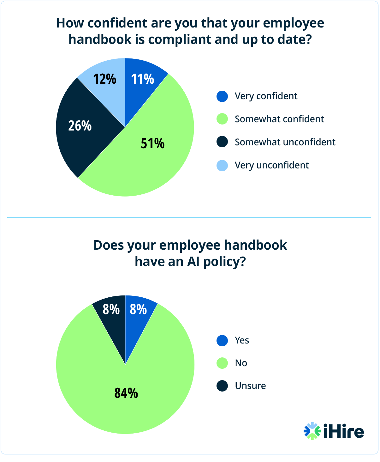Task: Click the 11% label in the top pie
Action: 143,79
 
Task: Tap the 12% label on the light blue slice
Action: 104,79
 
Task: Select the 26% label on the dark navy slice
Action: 80,126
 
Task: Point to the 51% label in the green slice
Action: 152,143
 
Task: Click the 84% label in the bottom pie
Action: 126,393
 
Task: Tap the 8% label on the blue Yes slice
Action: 138,309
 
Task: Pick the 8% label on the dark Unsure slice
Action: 111,309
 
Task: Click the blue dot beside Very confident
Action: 222,96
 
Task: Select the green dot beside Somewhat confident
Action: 222,119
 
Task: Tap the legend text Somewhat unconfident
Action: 285,142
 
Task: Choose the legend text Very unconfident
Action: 271,165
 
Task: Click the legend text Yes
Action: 242,340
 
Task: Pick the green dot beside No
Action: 222,363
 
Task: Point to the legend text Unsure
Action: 250,386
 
